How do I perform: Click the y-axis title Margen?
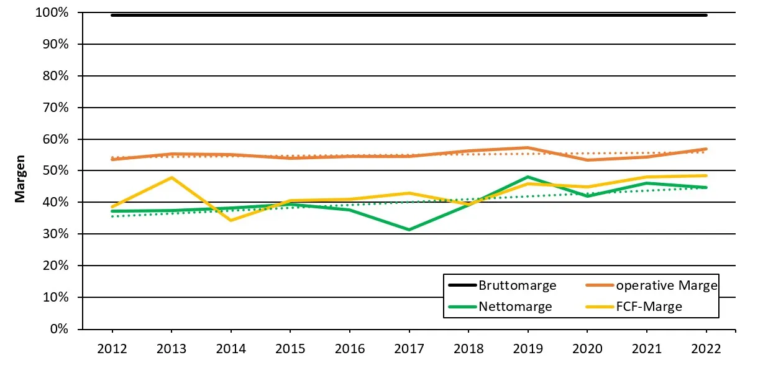click(20, 178)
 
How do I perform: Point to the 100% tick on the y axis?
click(55, 13)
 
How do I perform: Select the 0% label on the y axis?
click(60, 329)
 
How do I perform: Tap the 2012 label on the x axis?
click(112, 348)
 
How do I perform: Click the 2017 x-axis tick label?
click(409, 348)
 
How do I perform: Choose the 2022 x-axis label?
click(706, 348)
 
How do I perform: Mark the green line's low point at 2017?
click(409, 229)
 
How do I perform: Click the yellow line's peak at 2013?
click(171, 178)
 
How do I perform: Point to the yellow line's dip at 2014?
click(231, 220)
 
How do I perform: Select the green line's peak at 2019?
click(528, 177)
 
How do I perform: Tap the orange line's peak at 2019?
click(528, 147)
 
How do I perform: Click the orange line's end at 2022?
click(706, 149)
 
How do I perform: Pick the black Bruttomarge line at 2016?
click(349, 15)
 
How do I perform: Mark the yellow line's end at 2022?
click(706, 175)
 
